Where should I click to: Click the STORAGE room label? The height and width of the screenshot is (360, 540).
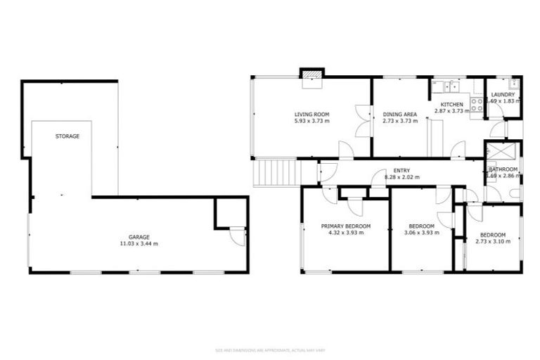(67, 136)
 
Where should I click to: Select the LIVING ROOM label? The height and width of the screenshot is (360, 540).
(311, 114)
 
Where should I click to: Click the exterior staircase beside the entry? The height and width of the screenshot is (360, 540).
(276, 172)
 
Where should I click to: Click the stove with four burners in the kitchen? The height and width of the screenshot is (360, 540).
(476, 105)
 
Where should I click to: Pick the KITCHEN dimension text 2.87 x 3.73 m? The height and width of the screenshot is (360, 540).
(451, 111)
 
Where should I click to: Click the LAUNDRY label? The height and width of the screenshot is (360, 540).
(503, 95)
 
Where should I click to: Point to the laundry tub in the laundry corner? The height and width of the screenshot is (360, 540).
(515, 84)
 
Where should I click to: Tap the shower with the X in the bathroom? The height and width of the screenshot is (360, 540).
(503, 151)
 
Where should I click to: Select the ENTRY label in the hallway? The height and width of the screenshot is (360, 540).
(401, 170)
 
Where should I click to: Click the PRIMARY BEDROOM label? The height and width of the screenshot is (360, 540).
(345, 226)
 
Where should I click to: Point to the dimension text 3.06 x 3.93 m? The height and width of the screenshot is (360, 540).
(422, 233)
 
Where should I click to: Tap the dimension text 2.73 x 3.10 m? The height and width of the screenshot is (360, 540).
(493, 241)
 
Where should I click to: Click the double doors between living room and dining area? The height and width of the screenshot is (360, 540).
(363, 120)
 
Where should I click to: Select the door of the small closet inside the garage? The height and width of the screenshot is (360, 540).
(237, 237)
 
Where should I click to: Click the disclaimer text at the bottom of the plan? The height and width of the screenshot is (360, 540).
(269, 349)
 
